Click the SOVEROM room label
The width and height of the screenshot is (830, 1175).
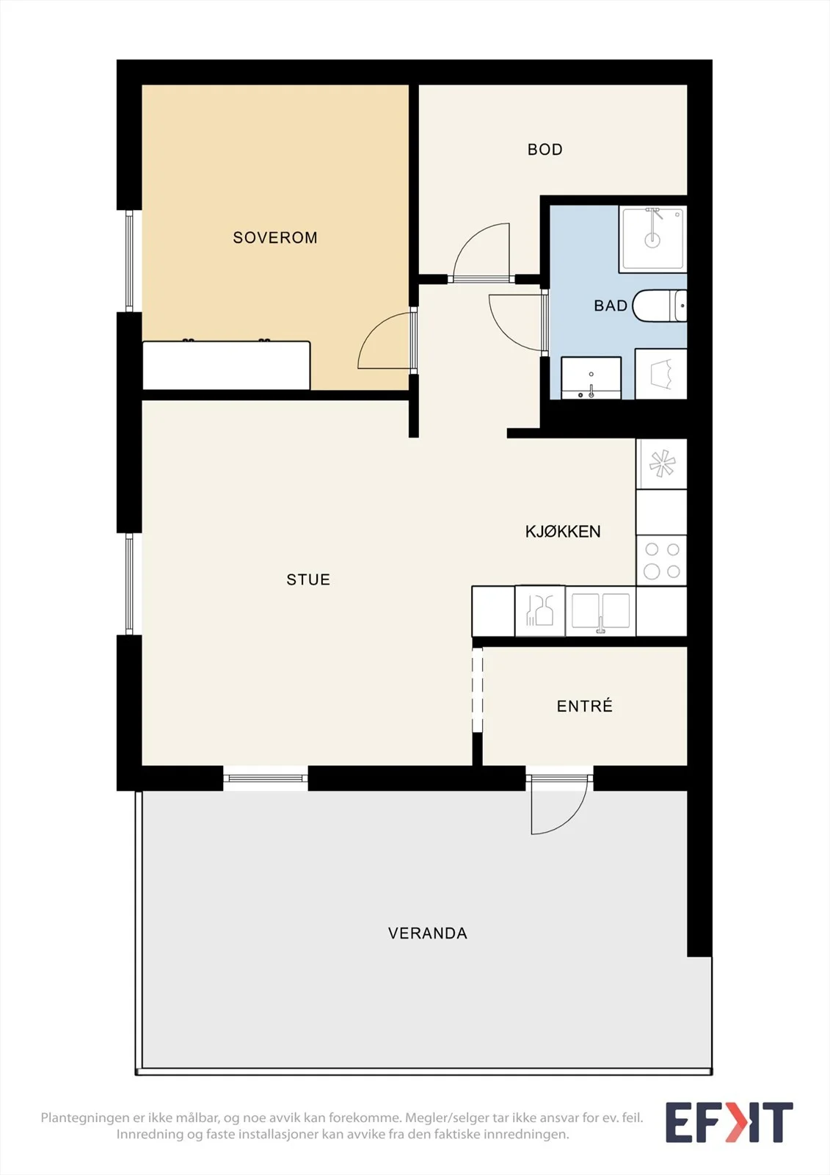point(275,238)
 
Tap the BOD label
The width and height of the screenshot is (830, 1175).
point(545,150)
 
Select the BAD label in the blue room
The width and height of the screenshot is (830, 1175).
point(611,305)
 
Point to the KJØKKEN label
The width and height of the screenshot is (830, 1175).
point(563,532)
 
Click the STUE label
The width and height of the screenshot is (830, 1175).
point(308,579)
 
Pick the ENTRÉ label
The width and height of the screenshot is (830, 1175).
point(585,706)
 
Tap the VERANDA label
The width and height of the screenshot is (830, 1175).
point(428,933)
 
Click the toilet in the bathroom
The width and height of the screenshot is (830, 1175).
point(660,305)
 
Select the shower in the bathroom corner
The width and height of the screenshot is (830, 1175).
point(653,239)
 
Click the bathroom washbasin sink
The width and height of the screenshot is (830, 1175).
point(591,377)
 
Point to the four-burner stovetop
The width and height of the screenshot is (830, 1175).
point(662,560)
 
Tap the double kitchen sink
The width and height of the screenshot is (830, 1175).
point(600,611)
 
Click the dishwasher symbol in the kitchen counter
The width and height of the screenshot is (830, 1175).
point(540,611)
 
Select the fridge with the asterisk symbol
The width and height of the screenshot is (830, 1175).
point(662,464)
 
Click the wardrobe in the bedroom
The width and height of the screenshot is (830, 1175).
point(227,366)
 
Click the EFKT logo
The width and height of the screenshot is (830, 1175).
point(729,1122)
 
